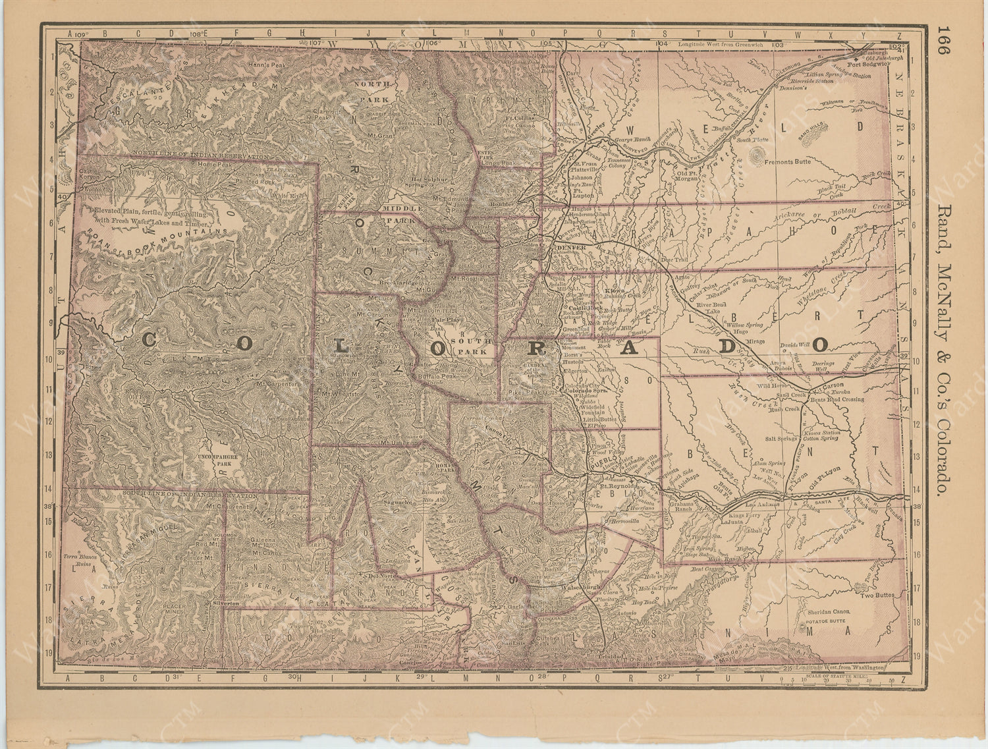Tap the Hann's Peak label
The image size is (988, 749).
point(265,65)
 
